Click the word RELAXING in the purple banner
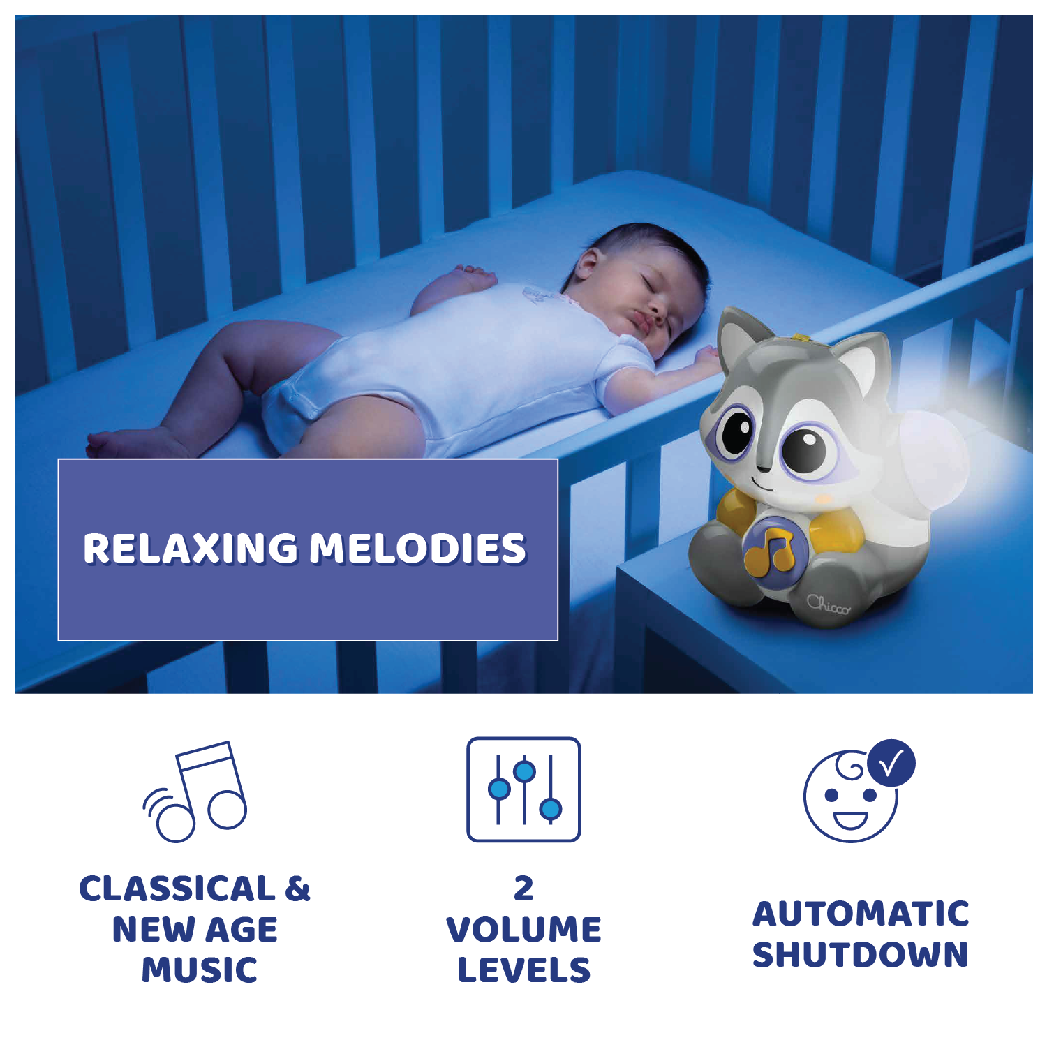pyautogui.click(x=190, y=548)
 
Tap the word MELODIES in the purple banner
pyautogui.click(x=417, y=548)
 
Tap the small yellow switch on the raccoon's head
pyautogui.click(x=803, y=339)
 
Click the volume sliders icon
pyautogui.click(x=523, y=789)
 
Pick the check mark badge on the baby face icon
pyautogui.click(x=891, y=763)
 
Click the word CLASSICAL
pyautogui.click(x=177, y=889)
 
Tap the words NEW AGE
pyautogui.click(x=195, y=930)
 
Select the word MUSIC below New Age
pyautogui.click(x=200, y=970)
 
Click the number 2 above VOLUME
pyautogui.click(x=523, y=889)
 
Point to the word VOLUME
pyautogui.click(x=523, y=930)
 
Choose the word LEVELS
pyautogui.click(x=523, y=970)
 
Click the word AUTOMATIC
pyautogui.click(x=861, y=914)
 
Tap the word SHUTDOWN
pyautogui.click(x=861, y=955)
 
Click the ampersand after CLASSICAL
pyautogui.click(x=297, y=889)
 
